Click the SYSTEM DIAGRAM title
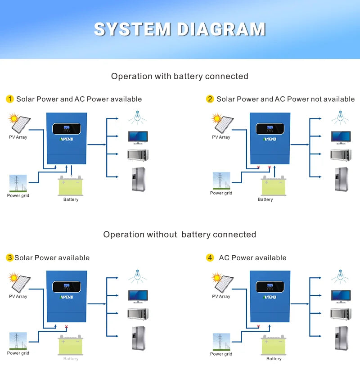[180, 29]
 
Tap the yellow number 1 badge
[10, 99]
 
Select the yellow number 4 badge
[210, 258]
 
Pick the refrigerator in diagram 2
[341, 179]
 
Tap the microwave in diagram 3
[137, 314]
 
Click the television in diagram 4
[341, 296]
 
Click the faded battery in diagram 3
[71, 346]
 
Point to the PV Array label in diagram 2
[221, 137]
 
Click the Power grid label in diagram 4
[221, 354]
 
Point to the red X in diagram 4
[258, 326]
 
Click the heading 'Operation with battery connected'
[180, 76]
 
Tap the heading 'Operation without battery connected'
[180, 235]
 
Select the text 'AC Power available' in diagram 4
[252, 258]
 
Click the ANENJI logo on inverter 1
[67, 139]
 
